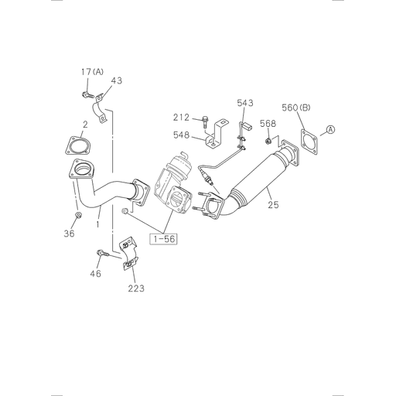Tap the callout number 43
tap(116, 81)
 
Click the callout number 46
tap(96, 274)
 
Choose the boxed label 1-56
tap(165, 239)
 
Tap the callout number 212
tap(182, 118)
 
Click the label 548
tap(182, 135)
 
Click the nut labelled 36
tap(79, 213)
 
